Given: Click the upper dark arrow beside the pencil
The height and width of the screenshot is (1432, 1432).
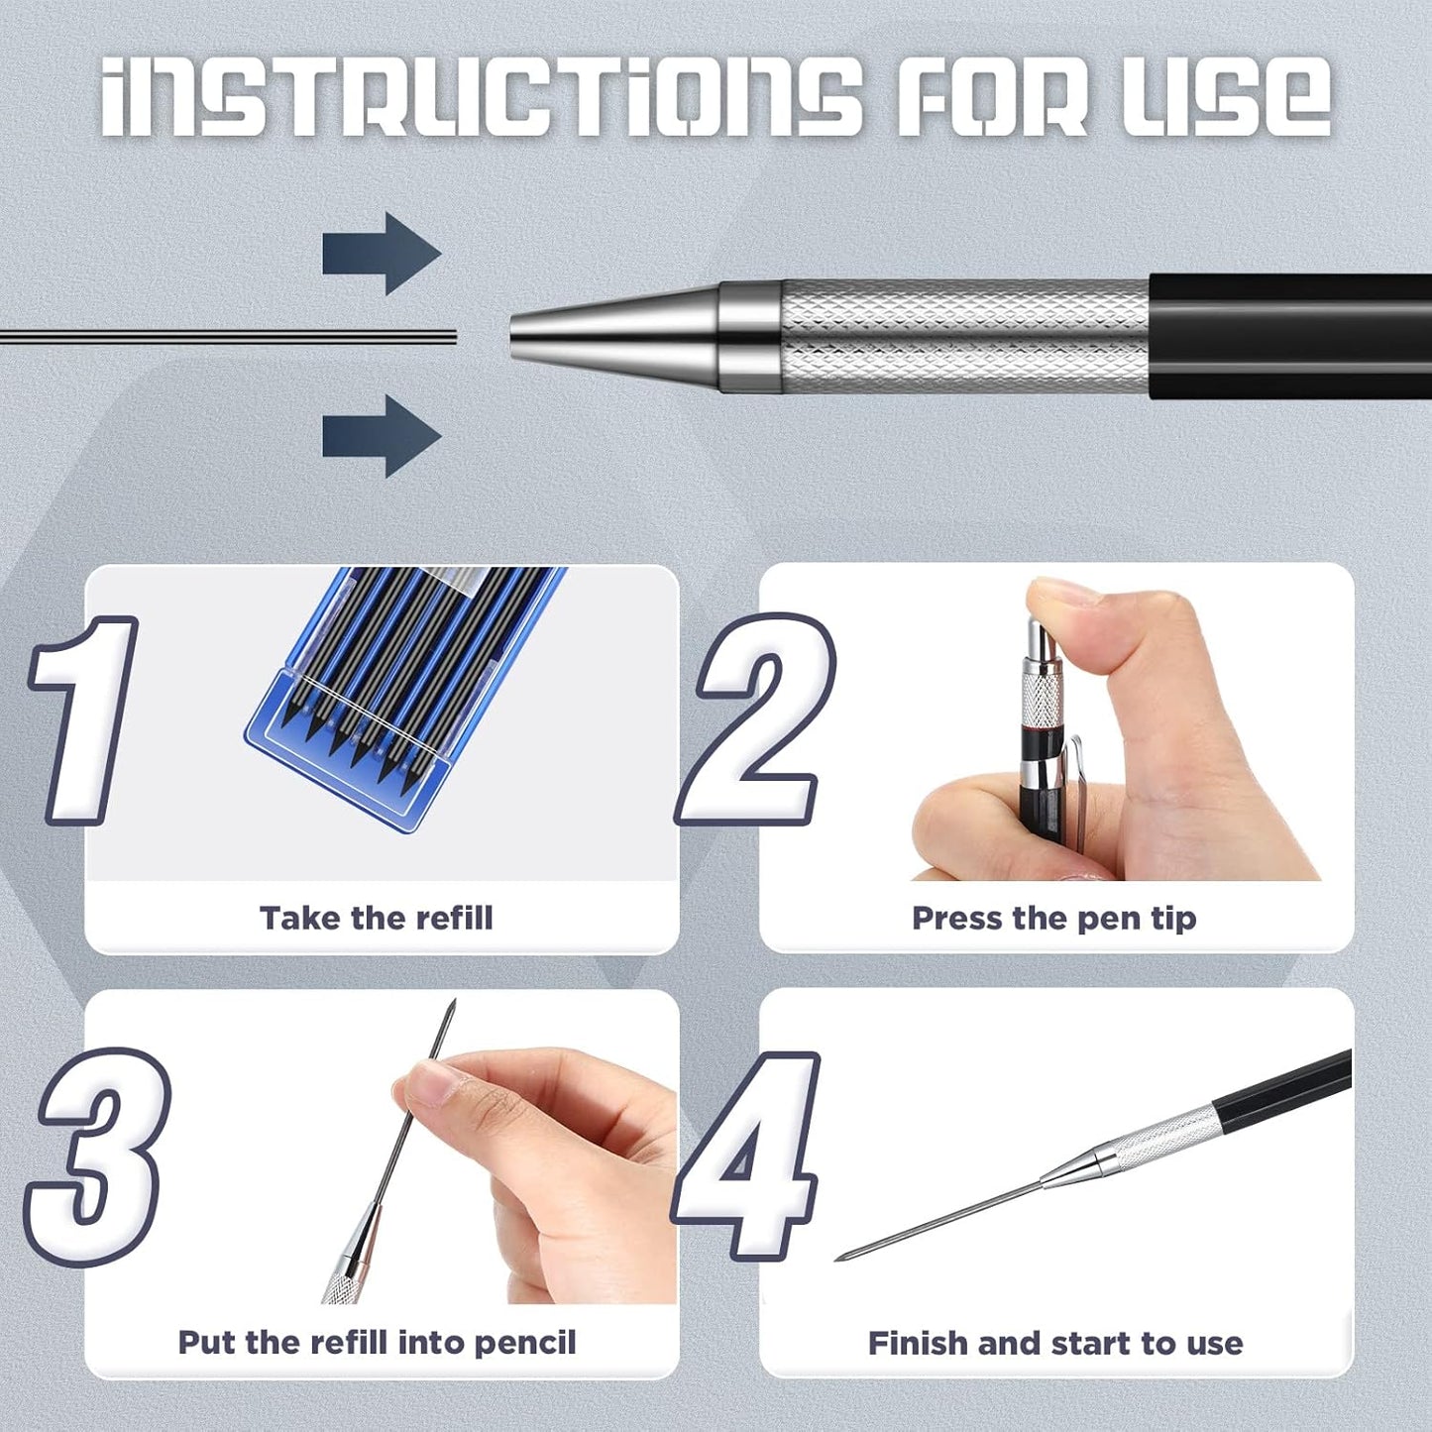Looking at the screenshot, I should (x=381, y=254).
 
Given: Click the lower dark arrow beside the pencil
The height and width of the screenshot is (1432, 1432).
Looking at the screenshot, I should (x=381, y=436).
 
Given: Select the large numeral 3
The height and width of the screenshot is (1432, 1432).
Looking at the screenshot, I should (x=99, y=1155).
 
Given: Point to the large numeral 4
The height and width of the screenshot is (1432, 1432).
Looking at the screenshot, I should (x=748, y=1155).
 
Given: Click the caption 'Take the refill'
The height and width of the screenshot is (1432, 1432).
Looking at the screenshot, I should (x=377, y=918).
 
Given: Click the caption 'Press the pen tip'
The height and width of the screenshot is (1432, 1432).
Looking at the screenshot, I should (x=1053, y=918).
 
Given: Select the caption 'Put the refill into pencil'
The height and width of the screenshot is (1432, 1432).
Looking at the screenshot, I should (x=377, y=1343).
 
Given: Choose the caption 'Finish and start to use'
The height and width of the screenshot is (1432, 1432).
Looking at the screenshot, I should (x=1055, y=1344).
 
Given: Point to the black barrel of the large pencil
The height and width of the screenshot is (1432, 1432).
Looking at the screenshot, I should (x=1288, y=337).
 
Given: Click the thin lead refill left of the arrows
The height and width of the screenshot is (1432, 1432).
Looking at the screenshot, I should (x=228, y=337).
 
